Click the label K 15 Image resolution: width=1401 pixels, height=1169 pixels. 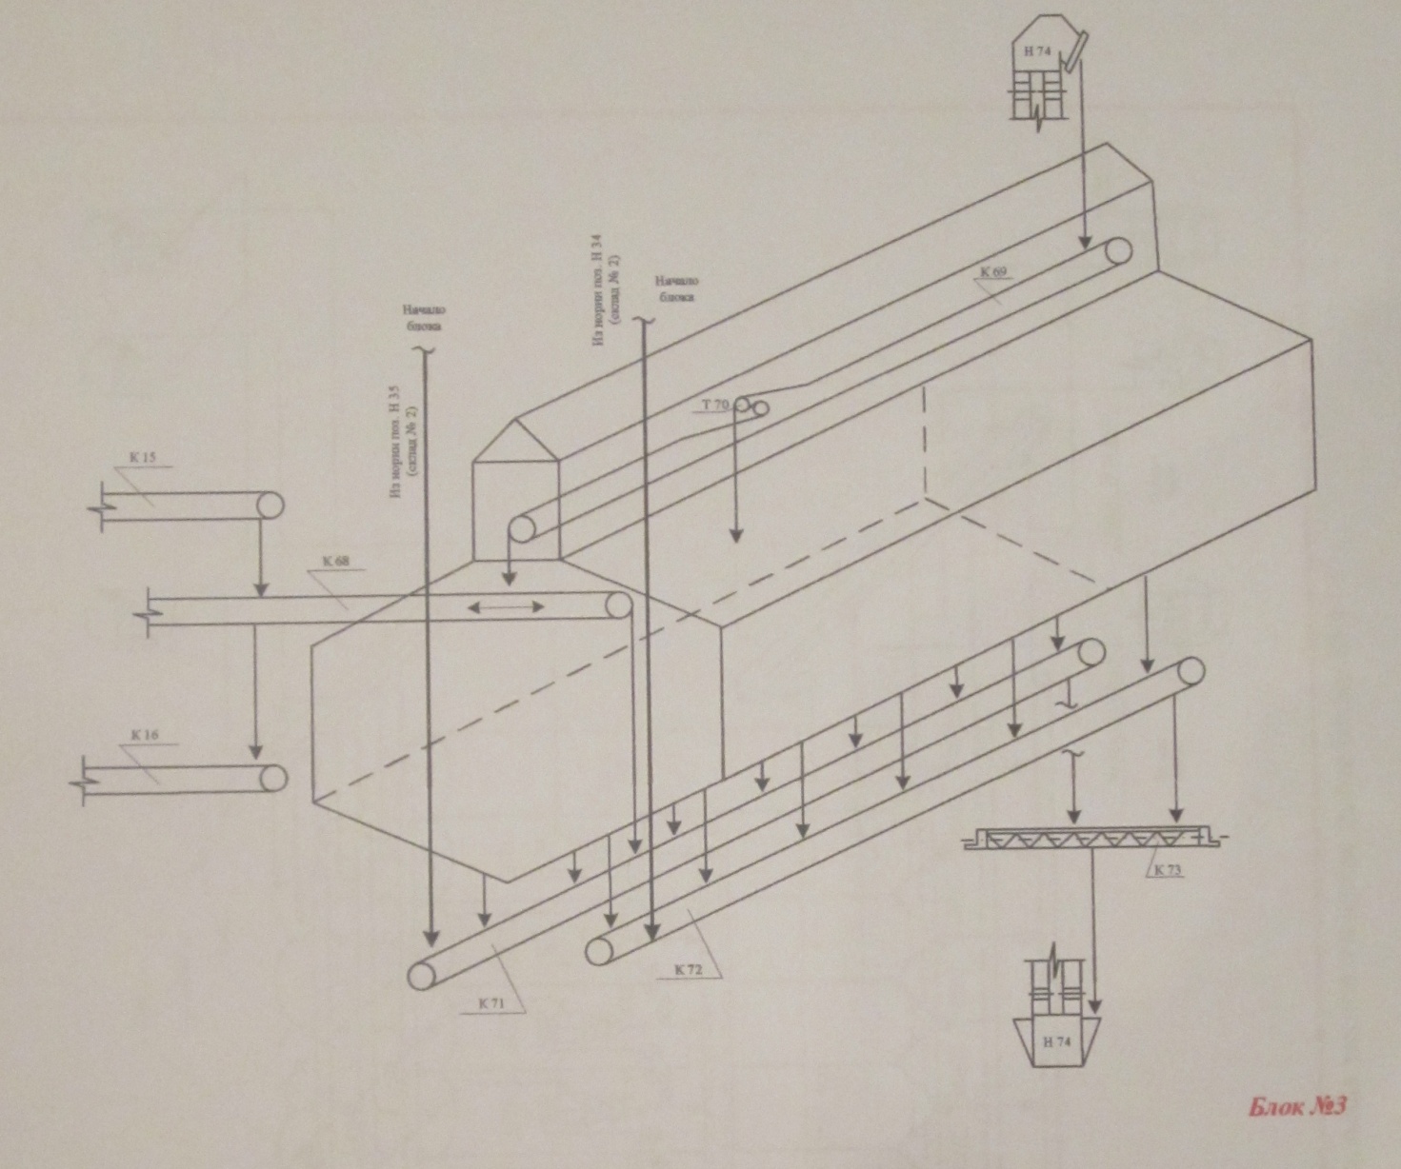pos(143,458)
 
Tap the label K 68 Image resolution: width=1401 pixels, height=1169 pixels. pos(335,561)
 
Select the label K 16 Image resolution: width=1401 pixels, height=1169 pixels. pos(145,734)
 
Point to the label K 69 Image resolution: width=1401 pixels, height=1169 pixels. pos(993,272)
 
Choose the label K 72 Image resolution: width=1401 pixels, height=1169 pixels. pos(688,969)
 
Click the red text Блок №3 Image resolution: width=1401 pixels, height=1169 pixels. pos(1296,1107)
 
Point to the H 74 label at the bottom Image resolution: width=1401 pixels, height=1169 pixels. pos(1057,1041)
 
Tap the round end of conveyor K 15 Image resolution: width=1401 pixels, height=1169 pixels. pos(270,505)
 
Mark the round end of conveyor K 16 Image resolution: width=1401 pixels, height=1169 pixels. pos(273,778)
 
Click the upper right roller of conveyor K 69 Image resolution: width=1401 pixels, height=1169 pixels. pos(1118,250)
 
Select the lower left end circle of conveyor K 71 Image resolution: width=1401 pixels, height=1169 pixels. pos(420,975)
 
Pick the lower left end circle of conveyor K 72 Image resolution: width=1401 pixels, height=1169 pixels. pos(598,949)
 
